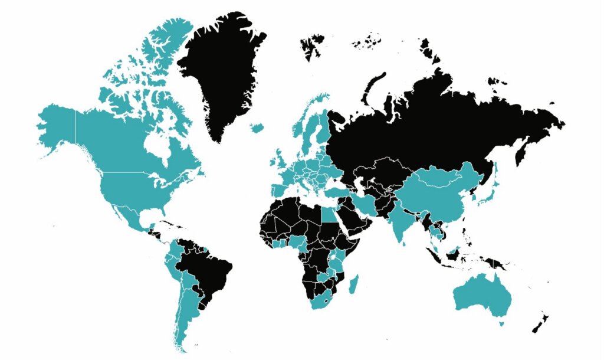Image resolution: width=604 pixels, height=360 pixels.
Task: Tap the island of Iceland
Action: [257, 127]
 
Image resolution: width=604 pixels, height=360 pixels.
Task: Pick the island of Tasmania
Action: [502, 323]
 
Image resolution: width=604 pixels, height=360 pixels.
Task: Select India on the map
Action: [401, 221]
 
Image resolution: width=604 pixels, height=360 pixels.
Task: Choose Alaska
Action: [56, 127]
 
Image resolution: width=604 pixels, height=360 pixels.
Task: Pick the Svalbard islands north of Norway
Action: [311, 44]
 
